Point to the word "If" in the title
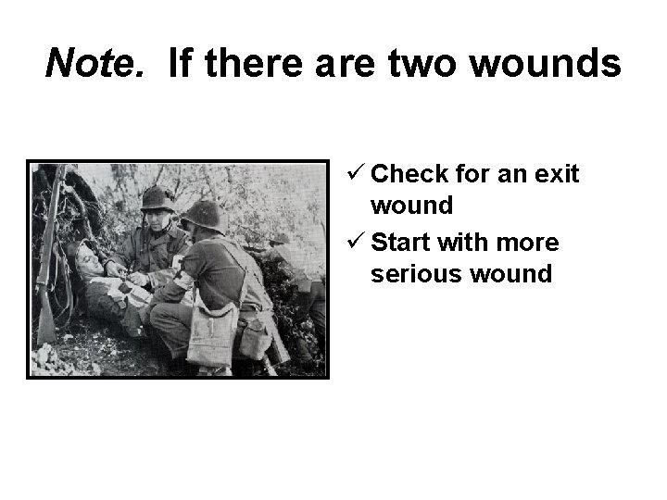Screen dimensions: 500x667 tap(182, 63)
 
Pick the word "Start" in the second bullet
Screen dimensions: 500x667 tap(404, 244)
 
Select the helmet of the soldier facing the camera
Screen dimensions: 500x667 tap(158, 197)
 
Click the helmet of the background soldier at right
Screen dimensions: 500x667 tap(278, 238)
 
